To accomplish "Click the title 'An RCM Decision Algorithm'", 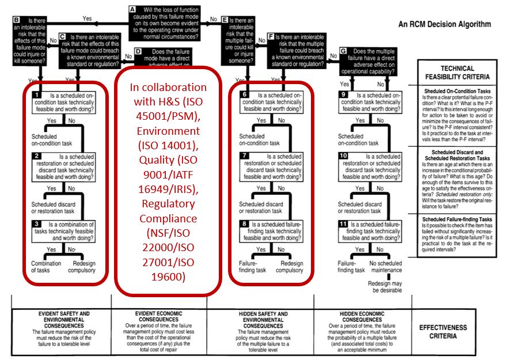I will click(445, 25).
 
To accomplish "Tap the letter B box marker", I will click(17, 20).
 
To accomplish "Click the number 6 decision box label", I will click(244, 94).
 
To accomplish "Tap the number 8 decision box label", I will click(244, 224).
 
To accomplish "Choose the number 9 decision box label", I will click(343, 94).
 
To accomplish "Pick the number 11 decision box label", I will click(343, 224).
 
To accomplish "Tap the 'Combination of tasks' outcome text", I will click(46, 267).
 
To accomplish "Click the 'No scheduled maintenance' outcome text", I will click(386, 267).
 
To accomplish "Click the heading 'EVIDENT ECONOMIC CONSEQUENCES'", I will click(158, 317).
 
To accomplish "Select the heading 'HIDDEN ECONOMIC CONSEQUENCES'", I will click(359, 317).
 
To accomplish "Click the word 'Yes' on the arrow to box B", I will click(87, 18).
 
